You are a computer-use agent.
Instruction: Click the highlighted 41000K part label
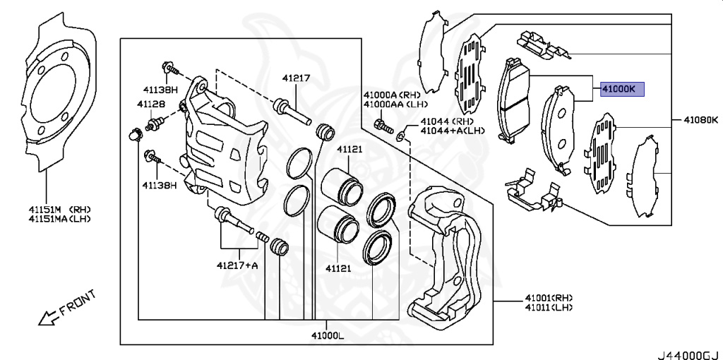pyautogui.click(x=619, y=90)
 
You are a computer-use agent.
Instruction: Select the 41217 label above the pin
pyautogui.click(x=296, y=78)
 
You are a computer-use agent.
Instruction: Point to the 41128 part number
pyautogui.click(x=151, y=104)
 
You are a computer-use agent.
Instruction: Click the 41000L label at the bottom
pyautogui.click(x=326, y=335)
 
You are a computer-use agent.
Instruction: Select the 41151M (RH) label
pyautogui.click(x=59, y=210)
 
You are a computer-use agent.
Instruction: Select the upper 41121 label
pyautogui.click(x=349, y=150)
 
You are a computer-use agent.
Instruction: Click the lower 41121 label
pyautogui.click(x=338, y=268)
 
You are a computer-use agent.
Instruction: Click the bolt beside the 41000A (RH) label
pyautogui.click(x=381, y=128)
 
